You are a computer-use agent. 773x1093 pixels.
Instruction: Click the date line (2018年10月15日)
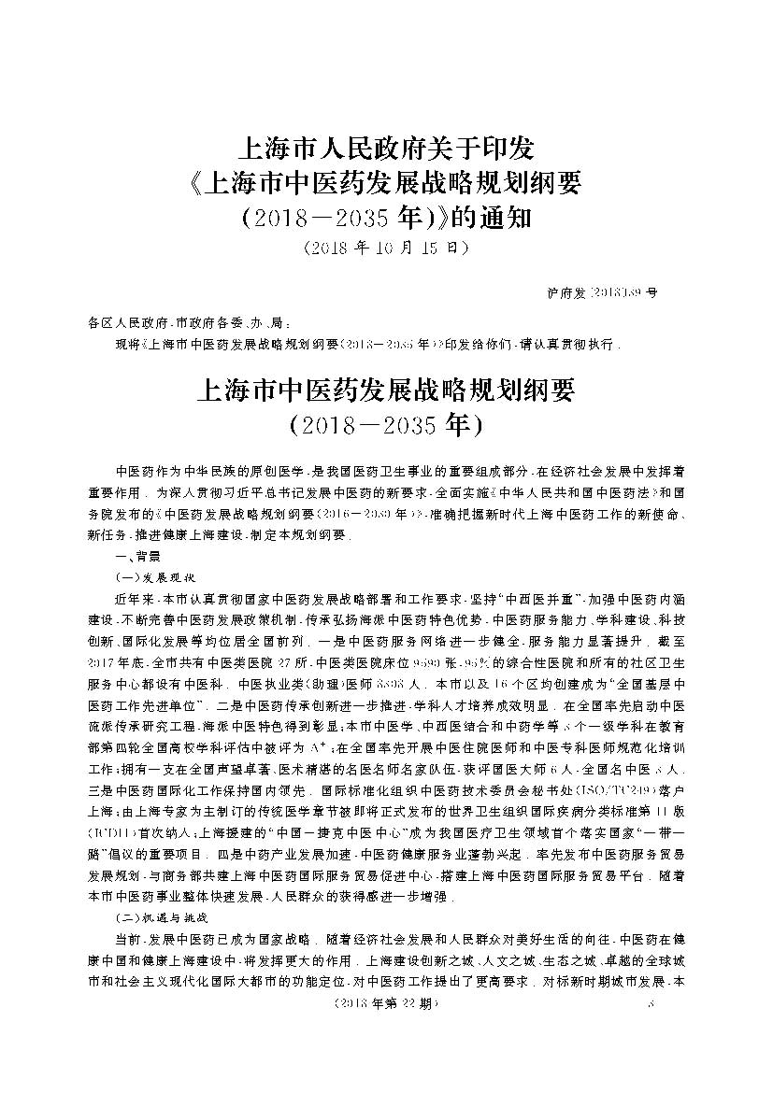385,249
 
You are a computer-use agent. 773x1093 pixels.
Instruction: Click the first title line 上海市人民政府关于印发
386,148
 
